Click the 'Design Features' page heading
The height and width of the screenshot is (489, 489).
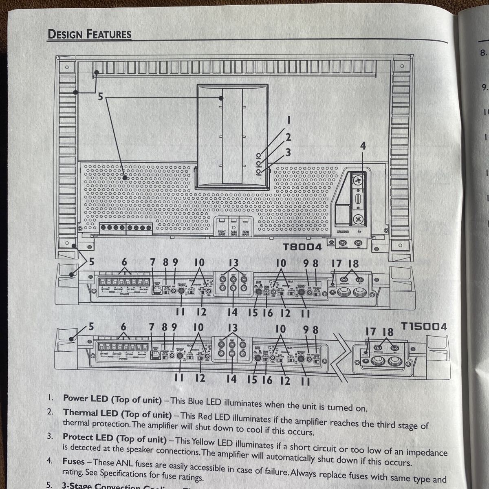(90, 34)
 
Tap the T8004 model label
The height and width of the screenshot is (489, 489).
(302, 247)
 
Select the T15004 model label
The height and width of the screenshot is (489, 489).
(424, 326)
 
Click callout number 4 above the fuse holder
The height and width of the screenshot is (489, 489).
(363, 145)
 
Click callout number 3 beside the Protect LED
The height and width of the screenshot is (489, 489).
(288, 152)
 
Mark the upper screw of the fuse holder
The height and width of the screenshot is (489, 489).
(358, 180)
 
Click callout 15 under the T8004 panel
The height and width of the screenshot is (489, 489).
(253, 313)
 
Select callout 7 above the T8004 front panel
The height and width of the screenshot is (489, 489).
(152, 263)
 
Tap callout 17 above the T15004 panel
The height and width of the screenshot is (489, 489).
(370, 331)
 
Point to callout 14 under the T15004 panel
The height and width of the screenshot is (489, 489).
(231, 379)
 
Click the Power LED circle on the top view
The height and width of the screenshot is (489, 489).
(259, 156)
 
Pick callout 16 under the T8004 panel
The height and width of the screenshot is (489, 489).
(267, 313)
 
